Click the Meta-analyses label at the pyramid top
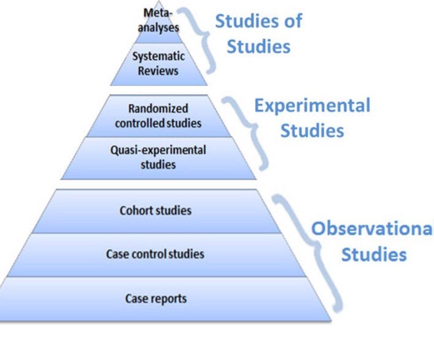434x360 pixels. (x=158, y=20)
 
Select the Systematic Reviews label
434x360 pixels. (x=158, y=64)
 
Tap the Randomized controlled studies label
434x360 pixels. (x=158, y=116)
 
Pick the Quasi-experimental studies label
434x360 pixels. (x=158, y=157)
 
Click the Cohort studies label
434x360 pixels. (x=155, y=210)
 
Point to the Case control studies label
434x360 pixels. (x=155, y=254)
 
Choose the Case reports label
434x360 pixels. (x=156, y=298)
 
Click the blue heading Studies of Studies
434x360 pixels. (x=258, y=33)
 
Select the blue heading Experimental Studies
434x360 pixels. (x=312, y=117)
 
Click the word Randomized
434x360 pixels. (x=158, y=109)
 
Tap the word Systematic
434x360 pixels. (x=158, y=57)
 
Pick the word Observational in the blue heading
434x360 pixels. (x=371, y=228)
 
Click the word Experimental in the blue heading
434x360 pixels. (x=312, y=105)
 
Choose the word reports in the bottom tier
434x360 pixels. (x=168, y=299)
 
